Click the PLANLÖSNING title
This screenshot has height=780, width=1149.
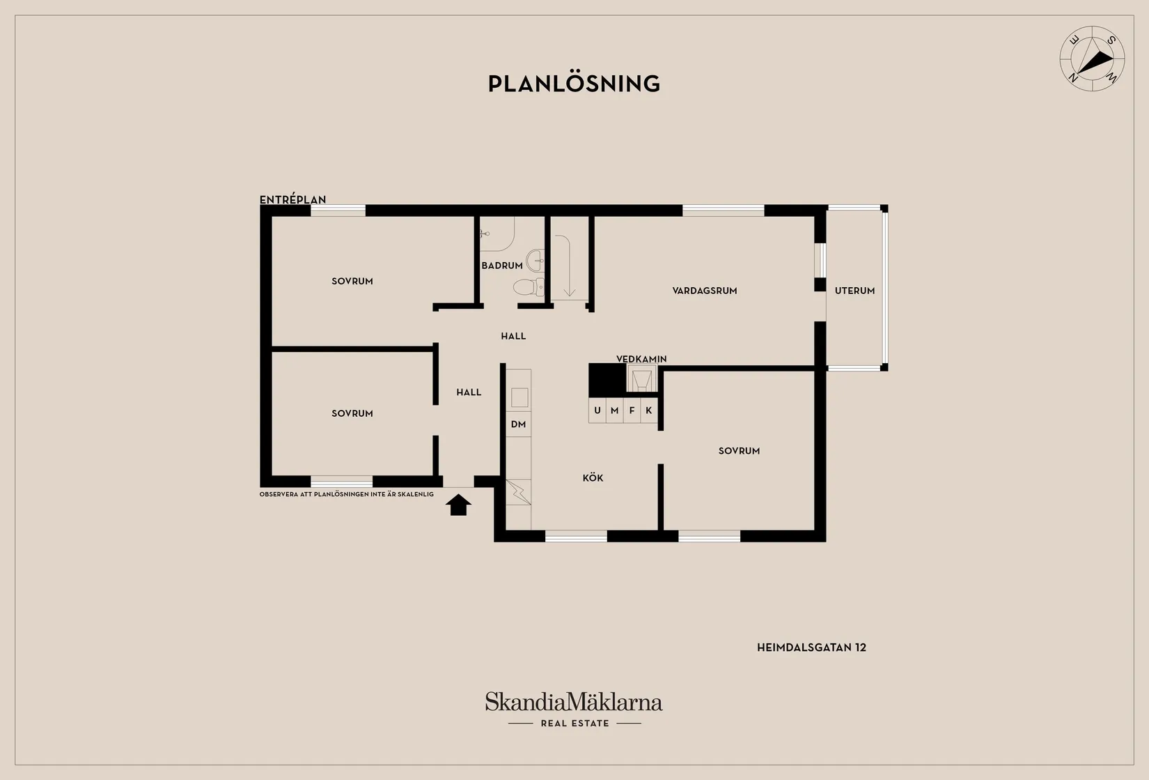click(x=574, y=84)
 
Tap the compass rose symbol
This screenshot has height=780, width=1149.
click(x=1092, y=59)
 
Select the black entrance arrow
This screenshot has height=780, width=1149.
click(x=458, y=504)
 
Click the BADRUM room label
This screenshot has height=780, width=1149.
click(x=501, y=266)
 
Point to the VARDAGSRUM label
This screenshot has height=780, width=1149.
click(x=704, y=291)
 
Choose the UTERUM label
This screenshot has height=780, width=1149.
click(x=854, y=291)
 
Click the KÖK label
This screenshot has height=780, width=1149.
click(x=593, y=477)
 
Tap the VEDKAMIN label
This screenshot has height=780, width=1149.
click(x=641, y=359)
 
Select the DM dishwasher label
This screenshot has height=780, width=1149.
click(x=519, y=424)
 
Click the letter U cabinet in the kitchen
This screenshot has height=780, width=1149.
click(x=597, y=411)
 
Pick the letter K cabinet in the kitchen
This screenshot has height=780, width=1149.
click(x=649, y=411)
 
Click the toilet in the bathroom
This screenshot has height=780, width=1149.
click(x=529, y=287)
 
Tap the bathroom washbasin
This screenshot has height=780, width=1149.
click(x=536, y=260)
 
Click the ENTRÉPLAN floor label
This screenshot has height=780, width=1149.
click(x=292, y=199)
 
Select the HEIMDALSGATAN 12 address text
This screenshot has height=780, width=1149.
click(x=811, y=648)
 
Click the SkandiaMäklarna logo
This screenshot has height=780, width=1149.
click(x=574, y=709)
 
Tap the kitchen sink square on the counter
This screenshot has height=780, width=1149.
click(x=519, y=398)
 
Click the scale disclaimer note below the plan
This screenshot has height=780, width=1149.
click(x=346, y=494)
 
